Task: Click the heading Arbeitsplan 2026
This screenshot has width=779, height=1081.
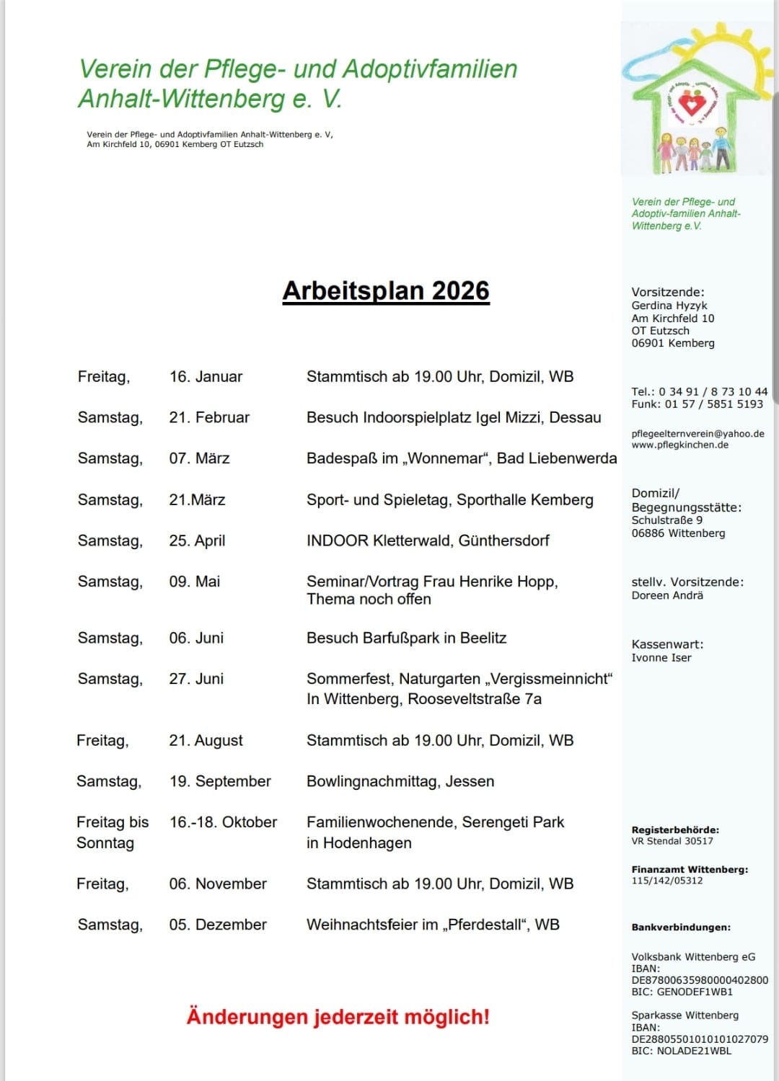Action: click(x=386, y=290)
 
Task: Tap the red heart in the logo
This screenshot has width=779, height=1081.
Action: click(x=692, y=105)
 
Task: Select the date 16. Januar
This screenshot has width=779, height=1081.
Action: click(x=206, y=377)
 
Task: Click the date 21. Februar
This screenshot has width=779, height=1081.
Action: click(x=209, y=418)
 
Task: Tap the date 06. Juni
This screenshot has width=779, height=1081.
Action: click(x=196, y=639)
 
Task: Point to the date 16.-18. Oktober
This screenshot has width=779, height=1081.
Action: click(x=223, y=822)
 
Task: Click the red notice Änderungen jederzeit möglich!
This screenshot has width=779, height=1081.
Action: click(x=338, y=1017)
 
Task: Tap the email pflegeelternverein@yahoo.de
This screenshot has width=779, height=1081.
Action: click(x=697, y=434)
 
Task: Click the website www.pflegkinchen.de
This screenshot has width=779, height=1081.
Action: click(x=679, y=445)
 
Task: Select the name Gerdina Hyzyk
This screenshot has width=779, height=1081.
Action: click(x=669, y=306)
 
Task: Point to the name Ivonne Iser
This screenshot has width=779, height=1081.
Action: click(x=661, y=658)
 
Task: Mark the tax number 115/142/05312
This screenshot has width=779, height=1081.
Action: click(x=666, y=881)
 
